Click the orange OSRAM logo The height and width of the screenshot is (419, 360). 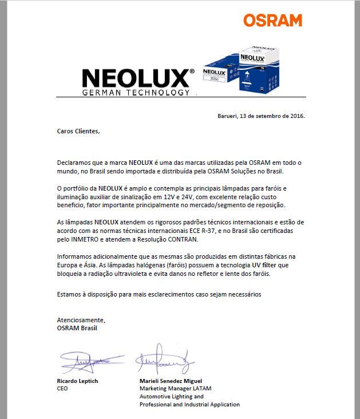tap(272, 21)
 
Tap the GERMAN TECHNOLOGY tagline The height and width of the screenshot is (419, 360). tap(136, 92)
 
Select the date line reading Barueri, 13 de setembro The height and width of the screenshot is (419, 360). tap(262, 116)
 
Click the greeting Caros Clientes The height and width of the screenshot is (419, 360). tap(78, 131)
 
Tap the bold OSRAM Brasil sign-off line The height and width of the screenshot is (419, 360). tap(77, 328)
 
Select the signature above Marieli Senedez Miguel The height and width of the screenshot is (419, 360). tap(164, 359)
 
